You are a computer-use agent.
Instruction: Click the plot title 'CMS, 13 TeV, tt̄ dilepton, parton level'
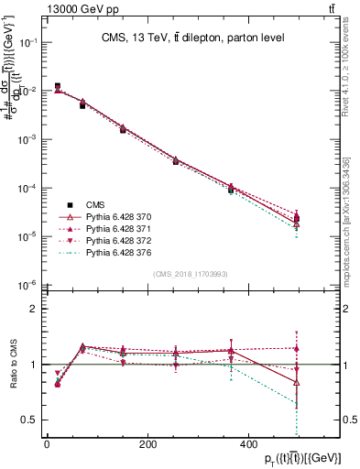tap(190, 38)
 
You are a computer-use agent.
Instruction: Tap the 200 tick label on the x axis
tap(147, 445)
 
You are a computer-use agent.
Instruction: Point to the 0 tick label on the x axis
tap(47, 445)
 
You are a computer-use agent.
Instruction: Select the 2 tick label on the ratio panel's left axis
tap(33, 310)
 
